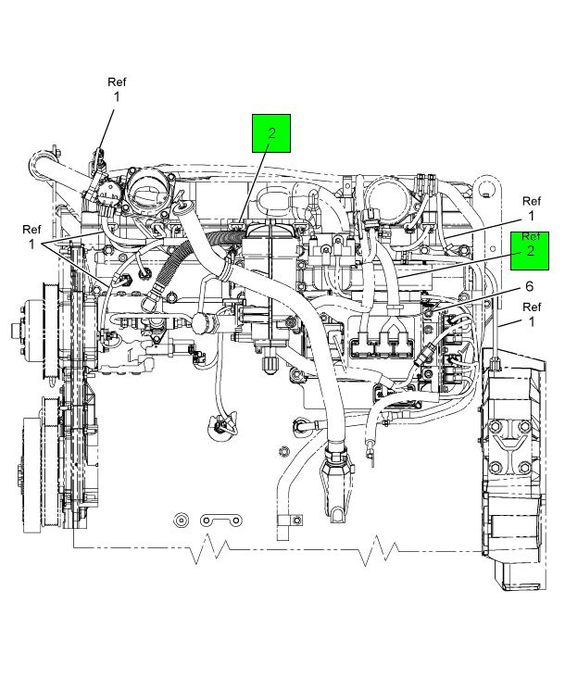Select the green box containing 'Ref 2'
[x=530, y=250]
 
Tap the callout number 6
[x=530, y=287]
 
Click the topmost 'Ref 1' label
[x=117, y=89]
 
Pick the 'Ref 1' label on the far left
[x=31, y=237]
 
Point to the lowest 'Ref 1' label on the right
[x=532, y=314]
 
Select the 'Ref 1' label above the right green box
[x=532, y=208]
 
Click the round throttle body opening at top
[x=147, y=191]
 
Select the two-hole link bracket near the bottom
[x=221, y=521]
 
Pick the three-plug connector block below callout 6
[x=381, y=345]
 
